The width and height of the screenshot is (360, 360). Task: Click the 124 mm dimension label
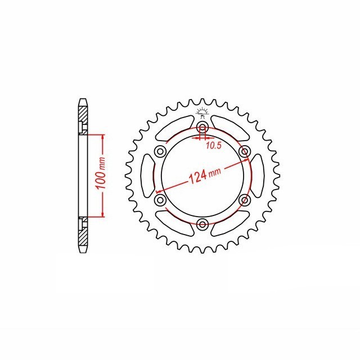205,175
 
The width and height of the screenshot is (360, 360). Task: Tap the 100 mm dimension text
101,173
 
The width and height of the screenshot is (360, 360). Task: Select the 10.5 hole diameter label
213,145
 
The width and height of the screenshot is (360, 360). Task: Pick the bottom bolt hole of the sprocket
202,224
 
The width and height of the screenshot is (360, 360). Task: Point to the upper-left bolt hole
160,151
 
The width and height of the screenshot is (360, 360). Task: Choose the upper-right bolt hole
245,151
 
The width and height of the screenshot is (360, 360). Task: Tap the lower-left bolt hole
160,200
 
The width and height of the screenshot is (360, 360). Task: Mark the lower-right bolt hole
245,200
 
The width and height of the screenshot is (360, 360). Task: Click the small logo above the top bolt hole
202,113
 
